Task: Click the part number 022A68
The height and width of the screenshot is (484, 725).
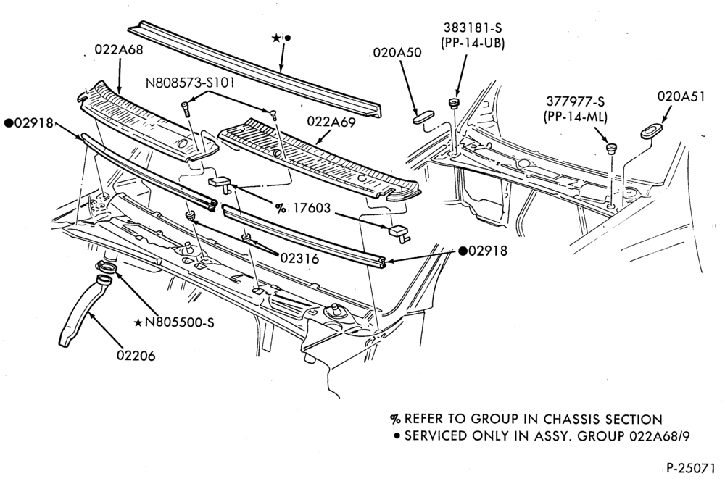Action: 119,49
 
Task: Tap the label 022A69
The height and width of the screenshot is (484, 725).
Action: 331,122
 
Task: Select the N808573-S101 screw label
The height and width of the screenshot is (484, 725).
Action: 190,83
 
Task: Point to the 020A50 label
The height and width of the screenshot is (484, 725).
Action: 397,53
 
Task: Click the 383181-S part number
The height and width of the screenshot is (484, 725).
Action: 473,29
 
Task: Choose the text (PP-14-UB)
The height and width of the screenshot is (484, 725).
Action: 473,43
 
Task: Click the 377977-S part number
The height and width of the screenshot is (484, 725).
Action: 576,101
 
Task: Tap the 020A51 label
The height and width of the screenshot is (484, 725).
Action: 681,96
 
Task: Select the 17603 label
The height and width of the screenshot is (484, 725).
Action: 312,209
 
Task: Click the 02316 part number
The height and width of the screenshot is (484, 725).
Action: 299,259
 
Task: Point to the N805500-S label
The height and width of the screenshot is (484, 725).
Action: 179,322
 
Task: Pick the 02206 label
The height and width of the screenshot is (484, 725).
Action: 136,356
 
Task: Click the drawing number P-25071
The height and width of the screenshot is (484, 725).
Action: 690,468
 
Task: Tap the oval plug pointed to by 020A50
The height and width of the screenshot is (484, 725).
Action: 423,115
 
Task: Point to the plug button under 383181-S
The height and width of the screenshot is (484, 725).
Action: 454,103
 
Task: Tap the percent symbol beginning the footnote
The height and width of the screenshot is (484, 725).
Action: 395,420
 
